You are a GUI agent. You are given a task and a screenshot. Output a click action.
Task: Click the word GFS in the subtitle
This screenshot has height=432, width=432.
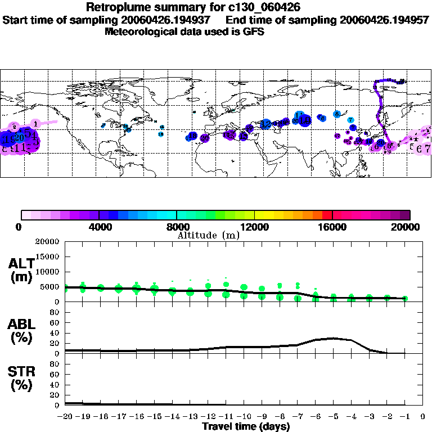point(254,31)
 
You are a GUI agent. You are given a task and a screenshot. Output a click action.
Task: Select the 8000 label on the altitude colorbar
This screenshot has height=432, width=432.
point(177,227)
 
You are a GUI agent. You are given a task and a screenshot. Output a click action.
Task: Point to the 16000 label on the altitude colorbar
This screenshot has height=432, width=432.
point(332,227)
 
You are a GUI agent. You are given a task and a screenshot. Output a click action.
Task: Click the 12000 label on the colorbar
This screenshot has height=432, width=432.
point(255,227)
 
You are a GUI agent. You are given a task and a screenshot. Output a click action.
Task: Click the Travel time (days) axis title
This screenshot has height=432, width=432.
point(246,426)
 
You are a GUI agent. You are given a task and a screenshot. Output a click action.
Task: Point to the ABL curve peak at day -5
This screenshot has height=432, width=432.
point(334,338)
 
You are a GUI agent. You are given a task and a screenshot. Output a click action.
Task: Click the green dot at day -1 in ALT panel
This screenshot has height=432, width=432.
point(405,299)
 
